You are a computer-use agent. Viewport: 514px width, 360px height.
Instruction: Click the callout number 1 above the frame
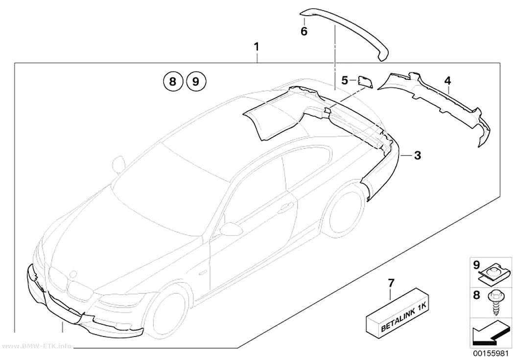point(257,47)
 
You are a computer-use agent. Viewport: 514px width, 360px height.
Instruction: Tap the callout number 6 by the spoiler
point(304,31)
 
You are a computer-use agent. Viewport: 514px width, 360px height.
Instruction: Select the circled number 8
point(173,81)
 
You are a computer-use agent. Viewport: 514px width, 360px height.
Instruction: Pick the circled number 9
point(196,81)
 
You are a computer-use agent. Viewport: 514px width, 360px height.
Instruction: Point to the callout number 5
point(345,80)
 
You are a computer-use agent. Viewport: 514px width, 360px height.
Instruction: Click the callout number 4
point(448,80)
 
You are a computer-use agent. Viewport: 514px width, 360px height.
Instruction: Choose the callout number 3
point(417,155)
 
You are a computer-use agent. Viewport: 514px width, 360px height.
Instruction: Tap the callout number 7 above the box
point(391,283)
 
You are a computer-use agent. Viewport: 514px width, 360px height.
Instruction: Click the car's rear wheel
point(346,213)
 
